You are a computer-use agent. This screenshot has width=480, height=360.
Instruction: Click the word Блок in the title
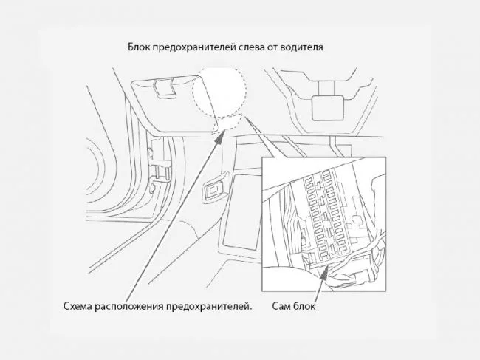coord(138,47)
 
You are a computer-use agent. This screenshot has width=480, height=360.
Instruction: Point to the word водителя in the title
coord(301,47)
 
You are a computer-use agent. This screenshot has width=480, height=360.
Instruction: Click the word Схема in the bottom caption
coord(78,306)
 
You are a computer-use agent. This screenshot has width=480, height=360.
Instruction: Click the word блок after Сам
coord(304,305)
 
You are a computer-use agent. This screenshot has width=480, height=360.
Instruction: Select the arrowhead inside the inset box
coord(324,272)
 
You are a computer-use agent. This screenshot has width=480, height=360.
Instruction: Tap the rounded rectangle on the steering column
coord(328,108)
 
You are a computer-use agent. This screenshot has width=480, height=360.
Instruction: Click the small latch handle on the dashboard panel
coord(163,87)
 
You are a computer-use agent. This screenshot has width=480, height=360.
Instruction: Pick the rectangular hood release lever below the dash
coord(214,190)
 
